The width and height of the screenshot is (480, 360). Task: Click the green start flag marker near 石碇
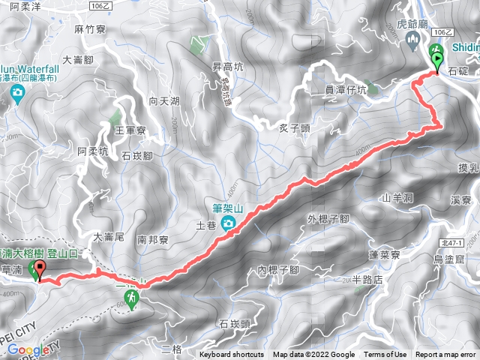436,56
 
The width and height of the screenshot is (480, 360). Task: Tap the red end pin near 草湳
38,270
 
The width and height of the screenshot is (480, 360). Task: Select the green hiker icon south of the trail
130,300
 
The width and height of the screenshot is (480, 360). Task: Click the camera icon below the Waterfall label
16,92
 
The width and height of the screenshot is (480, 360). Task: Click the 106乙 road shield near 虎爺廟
443,32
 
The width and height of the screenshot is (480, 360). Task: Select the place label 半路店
368,279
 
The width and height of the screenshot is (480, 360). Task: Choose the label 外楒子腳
328,219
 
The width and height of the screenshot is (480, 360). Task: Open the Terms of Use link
385,355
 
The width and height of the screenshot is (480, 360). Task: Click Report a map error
446,355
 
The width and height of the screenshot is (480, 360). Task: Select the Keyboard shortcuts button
232,355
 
